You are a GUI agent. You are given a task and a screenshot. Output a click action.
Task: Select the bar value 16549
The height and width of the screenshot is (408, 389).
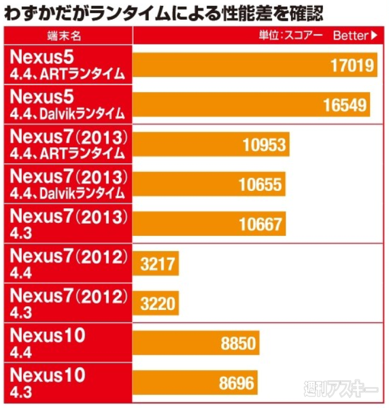(345, 105)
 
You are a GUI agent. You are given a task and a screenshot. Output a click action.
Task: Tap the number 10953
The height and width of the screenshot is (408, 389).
(265, 144)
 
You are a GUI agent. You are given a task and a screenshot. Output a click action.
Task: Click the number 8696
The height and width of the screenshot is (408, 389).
(236, 384)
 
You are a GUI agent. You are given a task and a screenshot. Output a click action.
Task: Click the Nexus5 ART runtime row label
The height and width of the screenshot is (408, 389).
(67, 65)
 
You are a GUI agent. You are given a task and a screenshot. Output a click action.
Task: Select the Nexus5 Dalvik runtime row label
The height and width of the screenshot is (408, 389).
(67, 104)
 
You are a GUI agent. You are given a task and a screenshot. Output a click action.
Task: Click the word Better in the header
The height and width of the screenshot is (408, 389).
(350, 34)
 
